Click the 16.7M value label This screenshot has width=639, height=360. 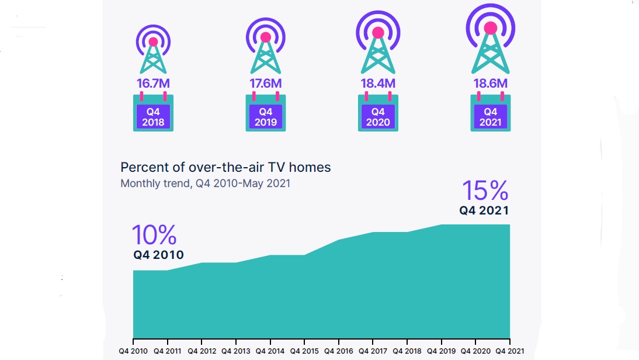click(153, 83)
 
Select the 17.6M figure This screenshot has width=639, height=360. click(266, 83)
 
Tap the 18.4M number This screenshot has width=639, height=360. click(378, 83)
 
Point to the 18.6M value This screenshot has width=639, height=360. click(491, 83)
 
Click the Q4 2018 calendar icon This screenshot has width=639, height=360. click(153, 112)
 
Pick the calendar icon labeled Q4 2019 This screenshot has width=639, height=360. click(266, 112)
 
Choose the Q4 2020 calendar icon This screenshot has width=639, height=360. click(378, 112)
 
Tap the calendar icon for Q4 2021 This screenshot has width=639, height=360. click(491, 112)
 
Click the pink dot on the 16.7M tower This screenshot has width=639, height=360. click(153, 41)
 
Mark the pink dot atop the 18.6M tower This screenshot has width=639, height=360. click(491, 27)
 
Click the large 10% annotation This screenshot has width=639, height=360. click(154, 235)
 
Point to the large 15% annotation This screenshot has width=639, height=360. click(485, 191)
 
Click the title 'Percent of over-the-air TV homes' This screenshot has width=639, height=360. click(225, 168)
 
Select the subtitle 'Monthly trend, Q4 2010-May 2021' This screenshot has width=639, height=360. click(205, 184)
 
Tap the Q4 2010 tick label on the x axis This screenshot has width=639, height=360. click(134, 351)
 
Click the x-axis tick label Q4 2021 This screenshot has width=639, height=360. click(509, 351)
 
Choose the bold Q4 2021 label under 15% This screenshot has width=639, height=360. click(484, 211)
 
